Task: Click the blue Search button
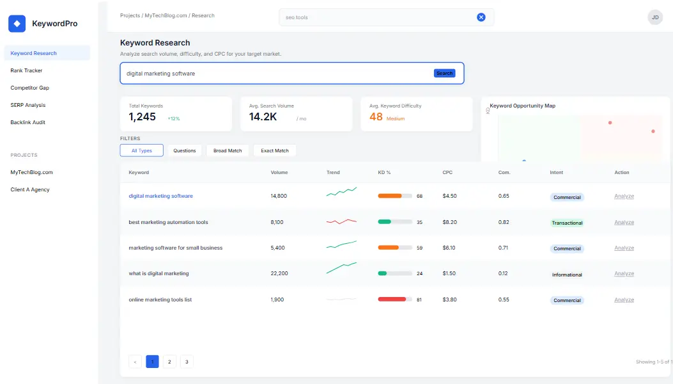tap(444, 74)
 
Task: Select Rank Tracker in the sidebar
tap(26, 70)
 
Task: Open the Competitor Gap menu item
tap(29, 88)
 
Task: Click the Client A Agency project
tap(29, 189)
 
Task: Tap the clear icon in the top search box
tap(481, 17)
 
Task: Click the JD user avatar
tap(655, 17)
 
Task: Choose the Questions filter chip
tap(185, 150)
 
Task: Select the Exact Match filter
tap(275, 150)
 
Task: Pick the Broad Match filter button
tap(228, 150)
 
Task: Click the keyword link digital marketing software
tap(160, 196)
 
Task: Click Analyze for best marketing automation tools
tap(624, 222)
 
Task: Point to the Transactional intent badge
tap(567, 223)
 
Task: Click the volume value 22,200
tap(279, 273)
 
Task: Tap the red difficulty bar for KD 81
tap(392, 300)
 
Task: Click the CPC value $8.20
tap(449, 222)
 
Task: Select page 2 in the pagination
tap(169, 362)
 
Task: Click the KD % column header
tap(384, 172)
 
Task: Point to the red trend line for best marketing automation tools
tap(341, 221)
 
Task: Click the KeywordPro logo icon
tap(17, 24)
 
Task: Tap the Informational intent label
tap(567, 275)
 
